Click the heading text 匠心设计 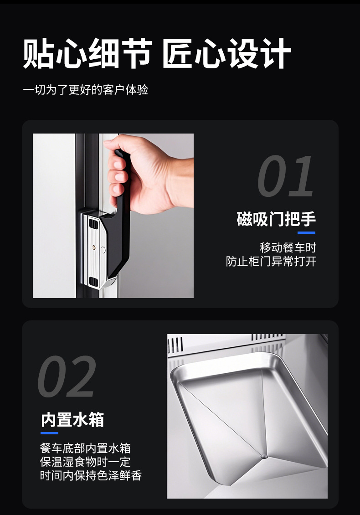coord(226,54)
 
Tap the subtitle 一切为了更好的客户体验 coord(86,89)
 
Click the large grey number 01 coord(286,177)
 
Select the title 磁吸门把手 coord(276,219)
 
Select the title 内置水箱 coord(72,419)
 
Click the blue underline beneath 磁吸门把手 coord(306,232)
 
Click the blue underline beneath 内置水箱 coord(49,433)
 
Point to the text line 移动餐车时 coord(288,248)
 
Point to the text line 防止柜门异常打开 coord(271,262)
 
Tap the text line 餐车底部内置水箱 coord(85,448)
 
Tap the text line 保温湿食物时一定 coord(85,462)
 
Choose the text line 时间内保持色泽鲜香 coord(91,476)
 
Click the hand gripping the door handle coord(146,173)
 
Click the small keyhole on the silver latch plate coord(94,247)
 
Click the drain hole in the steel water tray coord(263,456)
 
